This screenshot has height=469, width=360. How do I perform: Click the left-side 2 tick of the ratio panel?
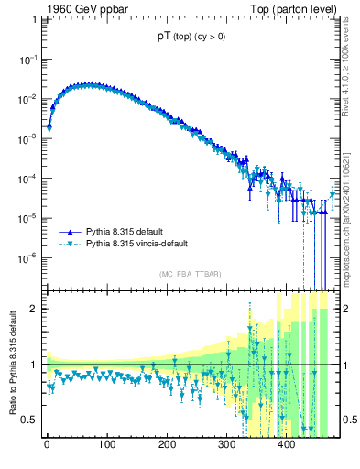tap(35, 309)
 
